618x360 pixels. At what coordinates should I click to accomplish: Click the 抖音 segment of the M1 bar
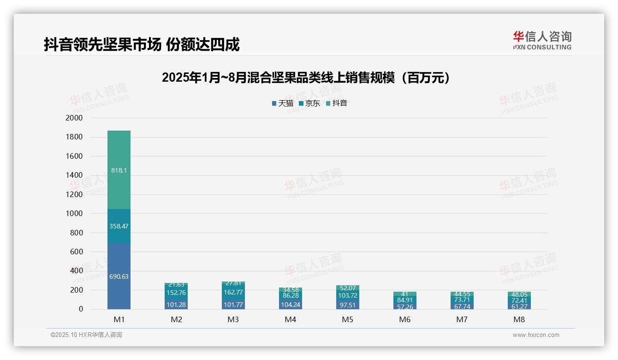click(119, 170)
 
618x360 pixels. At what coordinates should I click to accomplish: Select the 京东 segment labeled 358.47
click(119, 226)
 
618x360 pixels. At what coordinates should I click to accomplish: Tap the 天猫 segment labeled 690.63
click(119, 276)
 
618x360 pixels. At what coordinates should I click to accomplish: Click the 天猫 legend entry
click(283, 103)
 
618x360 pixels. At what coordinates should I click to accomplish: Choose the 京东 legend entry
click(309, 103)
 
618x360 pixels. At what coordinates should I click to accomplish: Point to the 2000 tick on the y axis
click(74, 118)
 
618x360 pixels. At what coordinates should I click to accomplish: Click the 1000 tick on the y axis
click(74, 214)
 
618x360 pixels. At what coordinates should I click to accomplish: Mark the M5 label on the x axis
click(348, 319)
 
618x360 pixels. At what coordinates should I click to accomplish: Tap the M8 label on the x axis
click(519, 319)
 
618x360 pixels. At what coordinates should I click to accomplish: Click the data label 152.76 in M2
click(176, 293)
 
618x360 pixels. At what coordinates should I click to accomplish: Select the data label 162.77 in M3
click(233, 292)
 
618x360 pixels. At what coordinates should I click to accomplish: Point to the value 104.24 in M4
click(291, 305)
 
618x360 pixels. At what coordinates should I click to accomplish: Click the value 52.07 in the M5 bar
click(348, 288)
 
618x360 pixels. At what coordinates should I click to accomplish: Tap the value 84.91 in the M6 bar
click(405, 300)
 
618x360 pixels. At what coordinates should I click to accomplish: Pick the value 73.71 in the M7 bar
click(462, 300)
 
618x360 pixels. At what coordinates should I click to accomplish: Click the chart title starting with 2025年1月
click(306, 78)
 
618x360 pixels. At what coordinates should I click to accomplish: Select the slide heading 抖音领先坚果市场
click(142, 45)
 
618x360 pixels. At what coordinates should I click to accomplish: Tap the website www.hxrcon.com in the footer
click(536, 335)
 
